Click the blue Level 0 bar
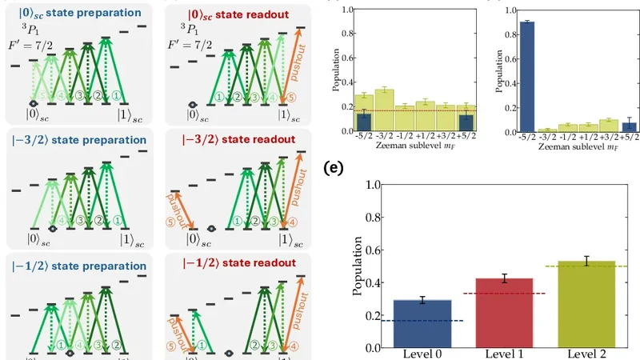422,324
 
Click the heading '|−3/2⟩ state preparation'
76,138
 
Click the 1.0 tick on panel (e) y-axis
373,185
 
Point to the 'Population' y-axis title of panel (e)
358,266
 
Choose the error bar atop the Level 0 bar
422,300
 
